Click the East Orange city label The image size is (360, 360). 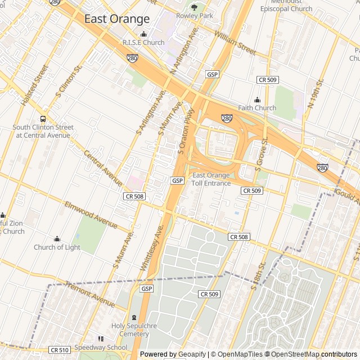117,19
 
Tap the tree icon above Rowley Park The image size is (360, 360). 195,7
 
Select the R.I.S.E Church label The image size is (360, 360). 143,43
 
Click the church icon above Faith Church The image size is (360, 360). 257,99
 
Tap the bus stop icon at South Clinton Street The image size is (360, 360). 43,119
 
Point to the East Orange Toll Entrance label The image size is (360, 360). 211,179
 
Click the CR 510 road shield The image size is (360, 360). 59,350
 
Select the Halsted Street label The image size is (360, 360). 34,86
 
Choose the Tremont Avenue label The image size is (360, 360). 90,290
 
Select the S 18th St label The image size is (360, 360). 258,275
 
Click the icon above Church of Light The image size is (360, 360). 57,238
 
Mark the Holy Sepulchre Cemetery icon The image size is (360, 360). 134,317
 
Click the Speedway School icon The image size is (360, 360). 101,339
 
